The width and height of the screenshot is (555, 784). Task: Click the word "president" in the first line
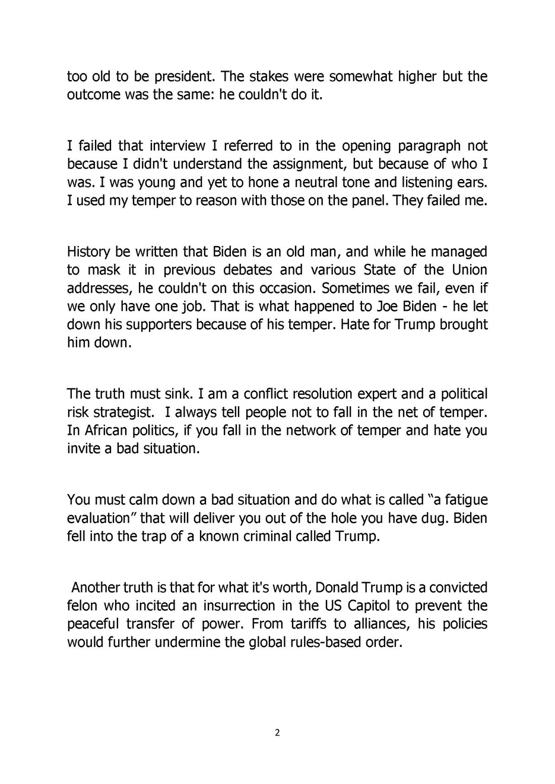182,77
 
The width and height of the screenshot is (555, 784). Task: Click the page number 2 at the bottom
277,732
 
